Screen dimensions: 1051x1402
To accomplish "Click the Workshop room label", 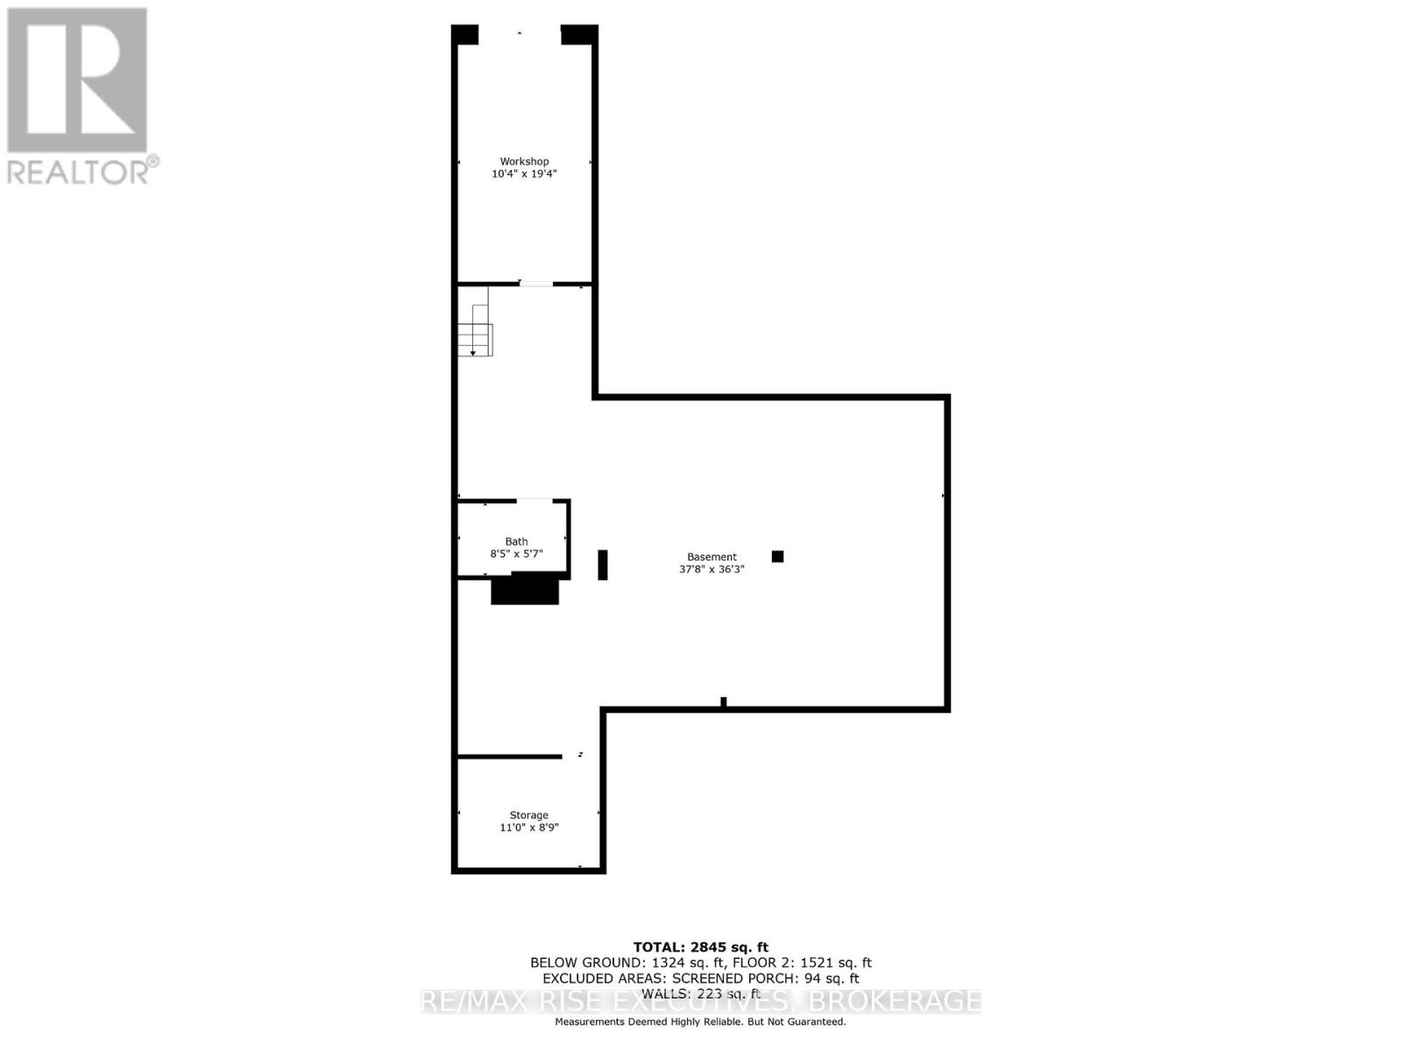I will pos(524,161).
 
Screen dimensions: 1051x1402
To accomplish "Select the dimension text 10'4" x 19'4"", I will pos(524,174).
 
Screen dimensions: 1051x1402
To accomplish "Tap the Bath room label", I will pos(516,541).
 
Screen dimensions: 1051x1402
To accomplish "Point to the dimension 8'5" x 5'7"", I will pos(516,554).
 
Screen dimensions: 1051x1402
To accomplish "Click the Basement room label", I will pos(712,557).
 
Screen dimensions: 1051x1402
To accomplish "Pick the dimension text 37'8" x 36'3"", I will pos(712,569).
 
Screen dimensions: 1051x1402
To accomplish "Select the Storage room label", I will pos(528,815).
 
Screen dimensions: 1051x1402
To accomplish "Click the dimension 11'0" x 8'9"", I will pos(528,828).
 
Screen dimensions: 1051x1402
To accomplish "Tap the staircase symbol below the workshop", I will pos(475,333).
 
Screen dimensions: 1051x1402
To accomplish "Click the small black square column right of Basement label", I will pos(777,556).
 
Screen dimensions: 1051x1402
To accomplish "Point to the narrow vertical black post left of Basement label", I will pos(603,564).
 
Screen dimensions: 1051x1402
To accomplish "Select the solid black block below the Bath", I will pos(525,589).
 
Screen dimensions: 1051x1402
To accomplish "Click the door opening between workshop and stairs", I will pos(536,284).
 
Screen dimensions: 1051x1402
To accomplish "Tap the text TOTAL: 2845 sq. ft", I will pos(700,947).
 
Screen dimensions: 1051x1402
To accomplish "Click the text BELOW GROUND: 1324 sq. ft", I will pos(626,963).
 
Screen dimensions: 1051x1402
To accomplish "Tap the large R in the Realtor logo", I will pos(77,81).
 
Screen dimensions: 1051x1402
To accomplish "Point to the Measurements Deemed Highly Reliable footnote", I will pos(700,1022).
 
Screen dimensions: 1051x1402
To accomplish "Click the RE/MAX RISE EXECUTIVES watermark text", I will pos(700,1001).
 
